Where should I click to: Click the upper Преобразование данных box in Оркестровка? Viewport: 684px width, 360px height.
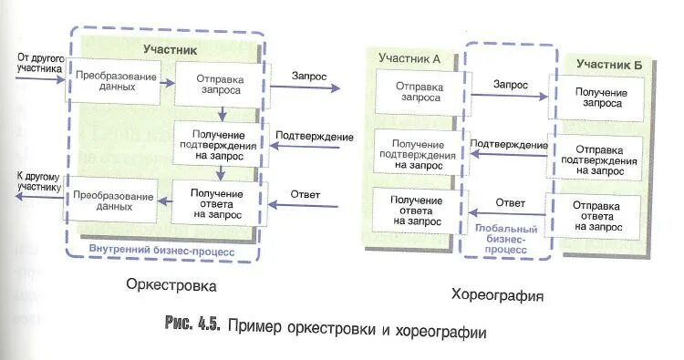(114, 81)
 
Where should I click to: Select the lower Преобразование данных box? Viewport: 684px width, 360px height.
(113, 201)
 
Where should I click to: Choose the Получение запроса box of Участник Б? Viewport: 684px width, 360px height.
(598, 98)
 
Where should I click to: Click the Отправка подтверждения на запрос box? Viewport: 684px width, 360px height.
(598, 159)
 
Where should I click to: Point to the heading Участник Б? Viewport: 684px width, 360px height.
(608, 64)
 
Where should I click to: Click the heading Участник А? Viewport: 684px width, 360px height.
(409, 58)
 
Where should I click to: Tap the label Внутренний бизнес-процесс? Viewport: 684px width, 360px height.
(161, 250)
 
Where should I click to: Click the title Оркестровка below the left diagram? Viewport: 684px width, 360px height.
(171, 286)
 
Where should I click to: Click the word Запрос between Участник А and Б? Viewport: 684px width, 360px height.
(510, 84)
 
